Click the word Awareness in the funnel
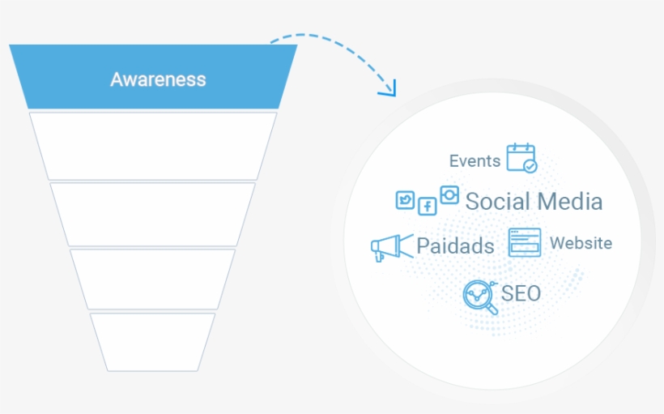click(x=158, y=79)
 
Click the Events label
click(x=475, y=160)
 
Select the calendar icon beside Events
click(x=521, y=158)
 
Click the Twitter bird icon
click(x=405, y=200)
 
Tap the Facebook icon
click(x=427, y=206)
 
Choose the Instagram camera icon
click(x=449, y=195)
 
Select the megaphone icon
click(x=390, y=247)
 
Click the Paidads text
click(x=455, y=246)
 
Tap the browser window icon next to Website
click(x=525, y=242)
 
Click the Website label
click(x=581, y=243)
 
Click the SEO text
click(x=521, y=293)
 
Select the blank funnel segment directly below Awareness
click(x=153, y=146)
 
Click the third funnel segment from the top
click(x=153, y=214)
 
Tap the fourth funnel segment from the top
click(x=153, y=279)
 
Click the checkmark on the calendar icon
click(x=530, y=165)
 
